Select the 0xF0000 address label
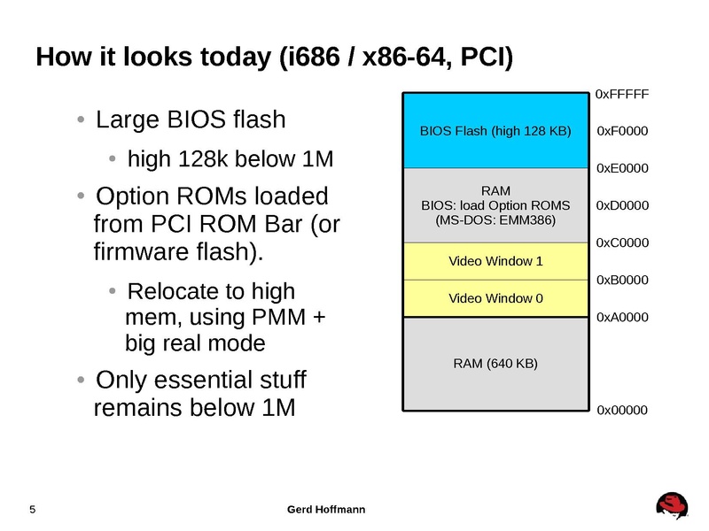(622, 132)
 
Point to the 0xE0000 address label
(622, 168)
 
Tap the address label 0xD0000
(622, 205)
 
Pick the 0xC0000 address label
(622, 242)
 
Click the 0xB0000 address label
(622, 280)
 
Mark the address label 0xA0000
(622, 317)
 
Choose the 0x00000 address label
(622, 411)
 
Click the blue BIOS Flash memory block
(495, 131)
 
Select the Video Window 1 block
(495, 261)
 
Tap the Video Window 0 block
(495, 298)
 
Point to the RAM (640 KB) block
(495, 363)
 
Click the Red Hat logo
(673, 507)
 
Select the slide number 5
(33, 510)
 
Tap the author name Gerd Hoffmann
(327, 510)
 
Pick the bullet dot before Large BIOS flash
(82, 119)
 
